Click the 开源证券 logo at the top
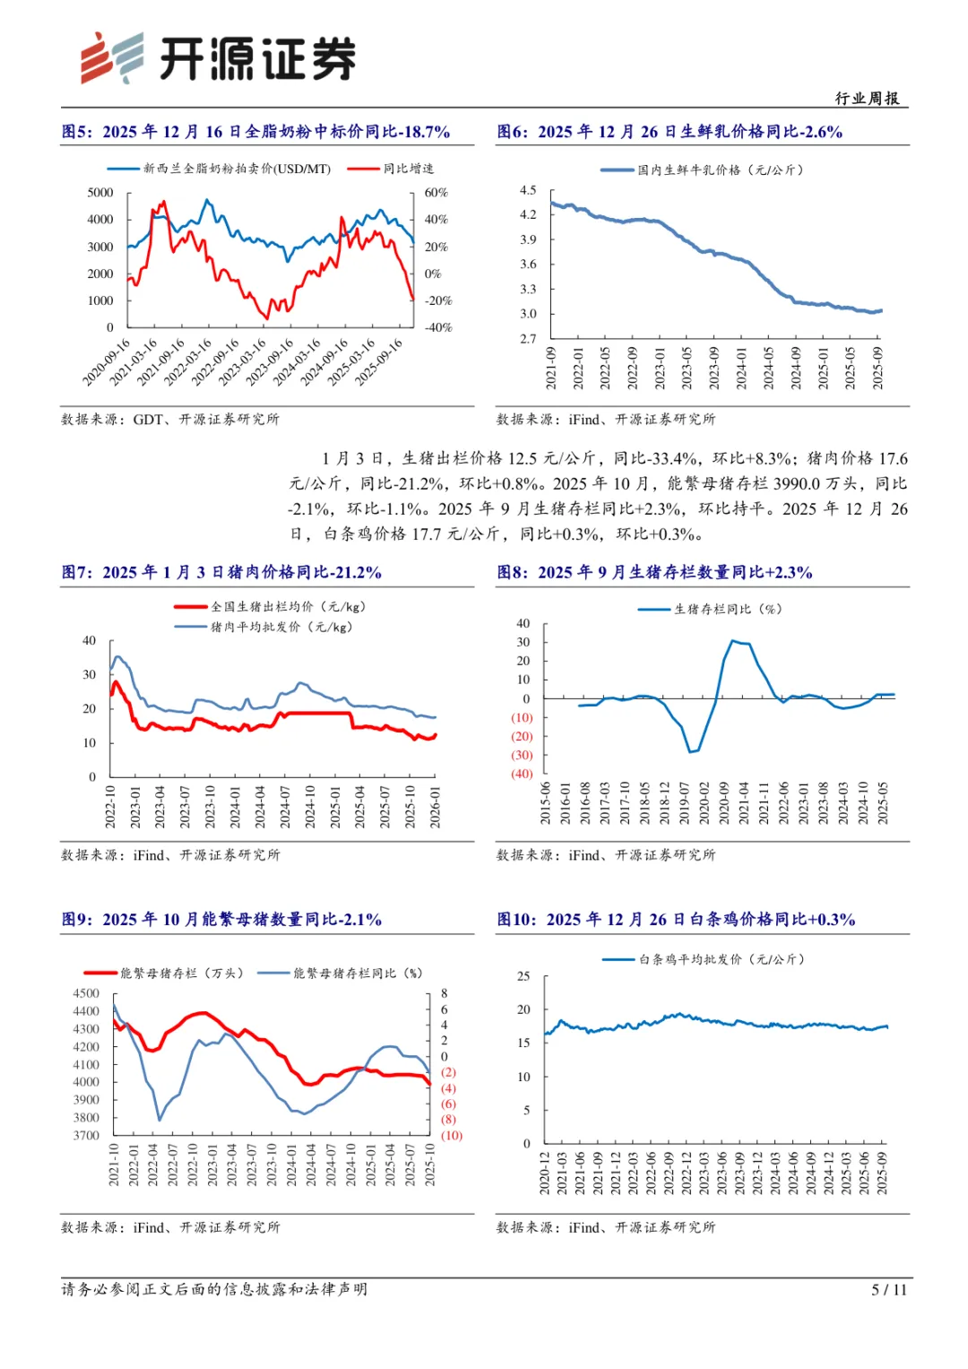point(218,58)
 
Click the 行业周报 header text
point(867,99)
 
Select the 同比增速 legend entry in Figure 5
point(391,169)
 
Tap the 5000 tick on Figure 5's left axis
point(100,193)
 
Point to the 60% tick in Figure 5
point(436,193)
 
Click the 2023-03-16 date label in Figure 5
point(243,362)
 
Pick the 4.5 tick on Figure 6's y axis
point(528,190)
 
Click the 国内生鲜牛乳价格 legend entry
point(702,170)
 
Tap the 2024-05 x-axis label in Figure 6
point(768,368)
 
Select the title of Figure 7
point(221,573)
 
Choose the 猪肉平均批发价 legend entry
point(264,627)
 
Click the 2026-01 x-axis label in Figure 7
point(435,807)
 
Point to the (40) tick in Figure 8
point(522,774)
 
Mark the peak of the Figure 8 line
point(733,640)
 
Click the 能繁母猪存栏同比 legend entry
point(341,973)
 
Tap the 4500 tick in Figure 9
point(86,993)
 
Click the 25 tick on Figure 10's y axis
point(523,976)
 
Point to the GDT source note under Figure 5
point(170,420)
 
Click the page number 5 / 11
point(889,1289)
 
